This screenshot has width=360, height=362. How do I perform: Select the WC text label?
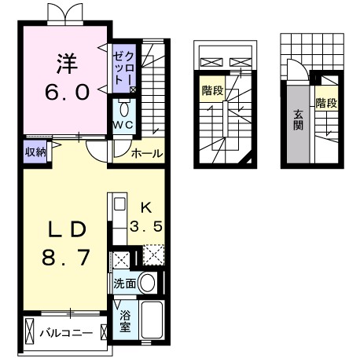coord(123,126)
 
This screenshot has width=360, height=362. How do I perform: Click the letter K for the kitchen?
coord(145,208)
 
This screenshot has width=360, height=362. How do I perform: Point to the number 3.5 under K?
coord(147,227)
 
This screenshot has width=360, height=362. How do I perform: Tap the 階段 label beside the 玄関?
coord(325,103)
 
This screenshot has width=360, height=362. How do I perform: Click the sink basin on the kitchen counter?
coord(119,206)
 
